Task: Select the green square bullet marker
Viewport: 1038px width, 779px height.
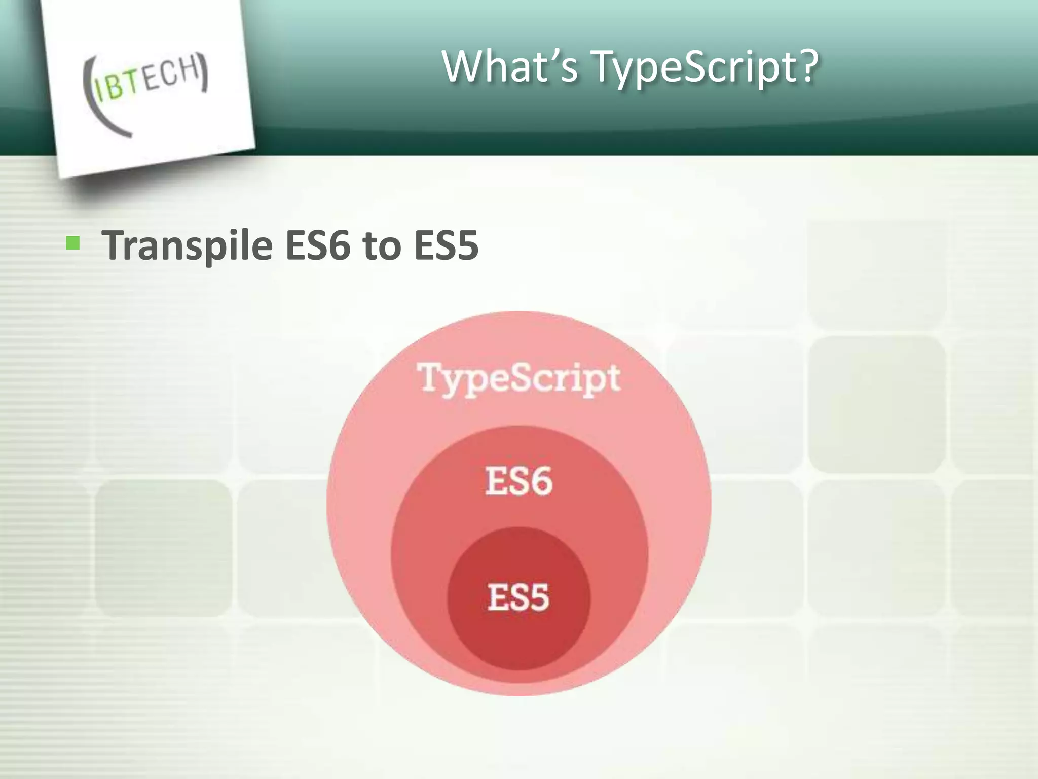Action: click(73, 244)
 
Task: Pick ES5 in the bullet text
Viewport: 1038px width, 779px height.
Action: click(446, 246)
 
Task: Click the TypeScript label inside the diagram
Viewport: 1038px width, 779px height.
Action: click(518, 378)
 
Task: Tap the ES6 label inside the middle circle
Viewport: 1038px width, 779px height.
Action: click(518, 481)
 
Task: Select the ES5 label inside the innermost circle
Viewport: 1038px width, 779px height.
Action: click(518, 597)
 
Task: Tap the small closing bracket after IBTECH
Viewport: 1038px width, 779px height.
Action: click(204, 73)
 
